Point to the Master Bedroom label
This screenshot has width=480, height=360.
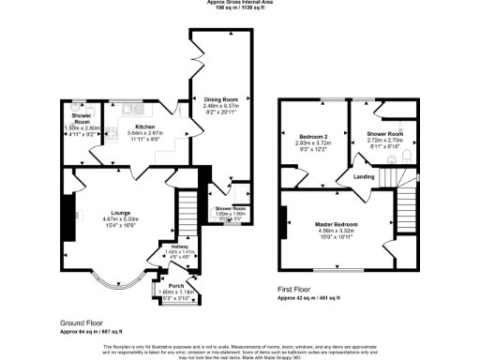click(337, 224)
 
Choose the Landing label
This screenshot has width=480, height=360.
click(364, 175)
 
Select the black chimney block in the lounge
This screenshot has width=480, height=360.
click(65, 211)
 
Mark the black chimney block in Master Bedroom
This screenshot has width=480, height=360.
click(280, 225)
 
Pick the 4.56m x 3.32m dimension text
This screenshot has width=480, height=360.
click(337, 231)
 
